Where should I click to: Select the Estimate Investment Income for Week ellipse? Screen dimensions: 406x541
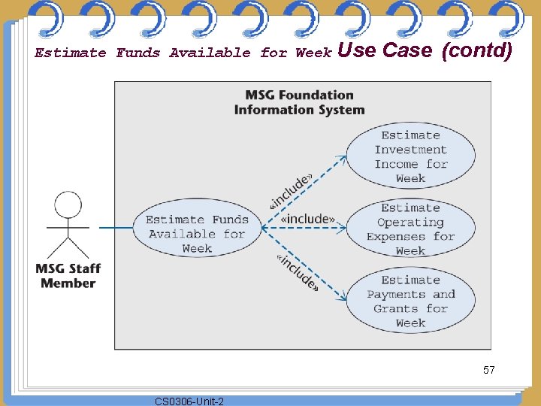coord(410,156)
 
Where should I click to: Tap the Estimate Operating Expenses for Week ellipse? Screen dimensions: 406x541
coord(410,229)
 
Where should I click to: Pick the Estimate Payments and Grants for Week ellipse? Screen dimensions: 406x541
coord(410,301)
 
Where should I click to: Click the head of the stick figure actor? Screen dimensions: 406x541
coord(68,204)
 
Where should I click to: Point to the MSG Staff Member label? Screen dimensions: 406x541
coord(68,276)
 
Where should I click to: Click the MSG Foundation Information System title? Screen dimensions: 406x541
coord(299,102)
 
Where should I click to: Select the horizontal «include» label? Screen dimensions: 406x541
coord(307,219)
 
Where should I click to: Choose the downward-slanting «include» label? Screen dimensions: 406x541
coord(297,271)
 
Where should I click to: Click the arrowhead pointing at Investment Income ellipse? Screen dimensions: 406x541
coord(343,158)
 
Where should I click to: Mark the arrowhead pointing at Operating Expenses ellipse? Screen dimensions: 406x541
coord(343,227)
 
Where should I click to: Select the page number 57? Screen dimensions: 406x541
coord(488,370)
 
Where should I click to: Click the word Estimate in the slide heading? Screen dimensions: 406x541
coord(71,53)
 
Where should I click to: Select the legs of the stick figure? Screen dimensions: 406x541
coord(68,248)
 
